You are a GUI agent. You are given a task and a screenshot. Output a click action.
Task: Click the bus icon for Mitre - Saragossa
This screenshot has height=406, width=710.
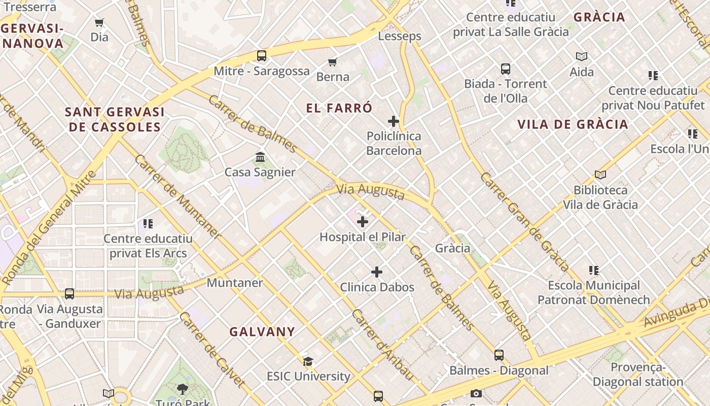tap(261, 56)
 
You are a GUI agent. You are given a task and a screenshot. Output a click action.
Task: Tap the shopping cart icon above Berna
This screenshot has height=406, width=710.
tap(332, 62)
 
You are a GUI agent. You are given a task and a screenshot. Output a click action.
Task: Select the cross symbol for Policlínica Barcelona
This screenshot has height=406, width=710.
tap(393, 121)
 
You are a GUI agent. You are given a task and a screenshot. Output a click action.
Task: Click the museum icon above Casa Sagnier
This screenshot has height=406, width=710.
tap(260, 157)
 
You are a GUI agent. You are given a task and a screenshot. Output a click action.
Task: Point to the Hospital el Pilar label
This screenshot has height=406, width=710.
tap(362, 237)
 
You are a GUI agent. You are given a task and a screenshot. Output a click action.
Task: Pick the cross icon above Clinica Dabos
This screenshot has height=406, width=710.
tap(377, 272)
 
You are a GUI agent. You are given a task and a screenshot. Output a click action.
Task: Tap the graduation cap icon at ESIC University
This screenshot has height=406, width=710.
tap(308, 361)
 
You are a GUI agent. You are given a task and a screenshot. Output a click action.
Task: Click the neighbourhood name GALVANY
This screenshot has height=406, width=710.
tap(262, 332)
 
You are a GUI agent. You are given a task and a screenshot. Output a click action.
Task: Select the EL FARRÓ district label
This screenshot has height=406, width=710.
tap(339, 108)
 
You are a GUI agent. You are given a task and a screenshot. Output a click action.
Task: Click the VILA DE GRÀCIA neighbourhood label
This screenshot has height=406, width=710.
tap(573, 124)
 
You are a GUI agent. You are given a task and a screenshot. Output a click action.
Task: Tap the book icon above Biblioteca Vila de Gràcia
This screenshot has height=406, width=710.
tap(600, 175)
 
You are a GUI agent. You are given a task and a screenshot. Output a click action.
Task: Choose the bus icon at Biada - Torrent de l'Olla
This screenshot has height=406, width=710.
tap(505, 69)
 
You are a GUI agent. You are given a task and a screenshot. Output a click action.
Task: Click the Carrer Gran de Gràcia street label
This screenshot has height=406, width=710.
tap(524, 221)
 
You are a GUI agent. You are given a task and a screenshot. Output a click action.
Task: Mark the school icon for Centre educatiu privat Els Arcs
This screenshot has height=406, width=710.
tap(148, 223)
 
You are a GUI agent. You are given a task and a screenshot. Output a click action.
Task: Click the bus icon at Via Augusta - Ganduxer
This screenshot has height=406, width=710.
tap(69, 294)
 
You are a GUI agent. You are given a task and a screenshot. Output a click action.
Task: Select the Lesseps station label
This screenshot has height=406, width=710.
tap(400, 37)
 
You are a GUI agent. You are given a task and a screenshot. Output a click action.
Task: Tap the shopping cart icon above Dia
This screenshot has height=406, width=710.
tap(99, 22)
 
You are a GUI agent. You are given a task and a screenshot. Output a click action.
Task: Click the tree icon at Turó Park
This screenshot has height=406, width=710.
tap(182, 389)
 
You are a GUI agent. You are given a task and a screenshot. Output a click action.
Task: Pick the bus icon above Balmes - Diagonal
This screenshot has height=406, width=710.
tap(499, 355)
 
